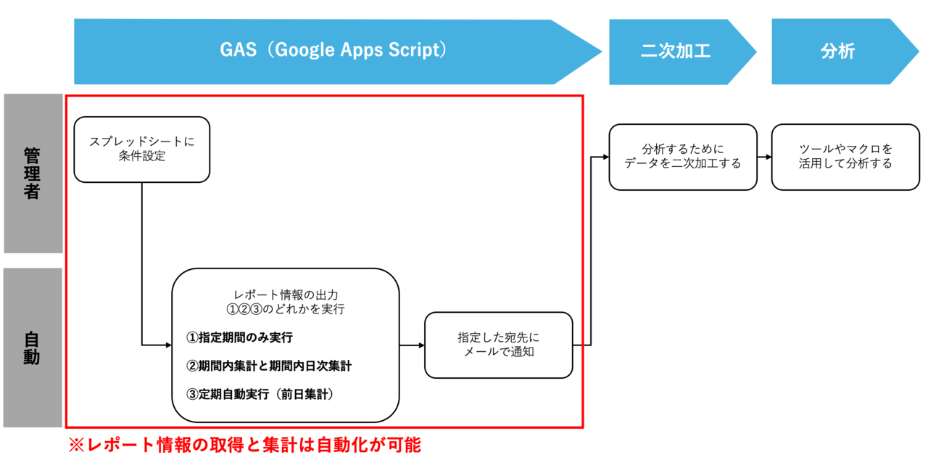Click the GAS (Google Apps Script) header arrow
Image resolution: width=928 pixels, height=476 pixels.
[x=333, y=52]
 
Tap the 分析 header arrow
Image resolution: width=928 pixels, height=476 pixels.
[x=838, y=52]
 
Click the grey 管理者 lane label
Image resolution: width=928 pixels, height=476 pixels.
[x=33, y=173]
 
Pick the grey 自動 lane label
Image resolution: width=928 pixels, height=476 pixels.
[x=33, y=348]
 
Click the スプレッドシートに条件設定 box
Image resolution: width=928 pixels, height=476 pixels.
[x=142, y=149]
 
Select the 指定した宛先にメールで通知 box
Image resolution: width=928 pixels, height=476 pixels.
[x=498, y=345]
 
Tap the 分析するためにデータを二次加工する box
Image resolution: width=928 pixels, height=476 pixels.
[x=683, y=157]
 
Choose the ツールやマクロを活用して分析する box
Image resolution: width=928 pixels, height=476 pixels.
[x=845, y=157]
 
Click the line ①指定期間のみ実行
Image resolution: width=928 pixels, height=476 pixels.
[x=240, y=337]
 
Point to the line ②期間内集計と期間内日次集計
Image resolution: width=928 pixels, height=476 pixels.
[x=269, y=366]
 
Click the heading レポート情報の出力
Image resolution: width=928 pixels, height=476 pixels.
[x=285, y=295]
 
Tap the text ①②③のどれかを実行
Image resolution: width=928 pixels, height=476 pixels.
[x=285, y=309]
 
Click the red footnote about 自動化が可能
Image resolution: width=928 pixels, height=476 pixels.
[x=244, y=445]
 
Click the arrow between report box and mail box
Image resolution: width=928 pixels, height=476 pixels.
[x=412, y=345]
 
